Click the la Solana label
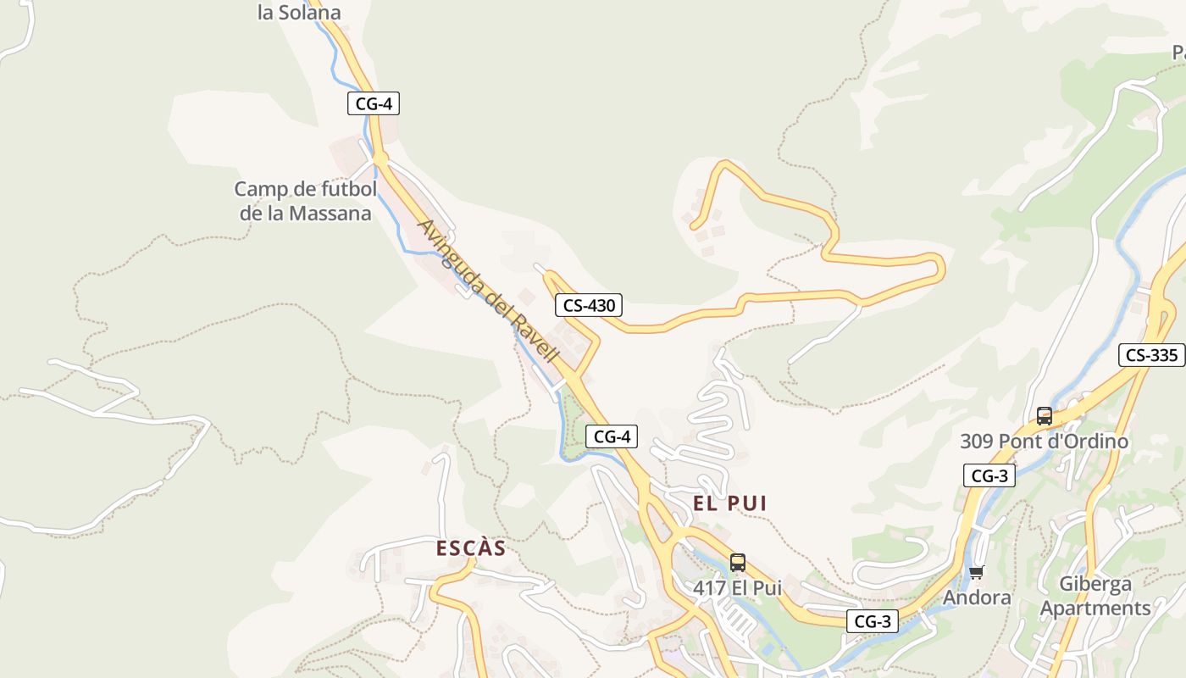point(299,13)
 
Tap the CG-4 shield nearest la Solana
point(373,103)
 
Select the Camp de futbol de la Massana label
point(305,201)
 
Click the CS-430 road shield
point(589,305)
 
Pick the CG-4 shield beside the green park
point(611,436)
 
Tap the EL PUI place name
point(729,503)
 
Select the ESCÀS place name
point(471,548)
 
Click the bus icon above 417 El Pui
point(738,562)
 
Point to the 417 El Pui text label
point(737,587)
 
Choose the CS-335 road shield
point(1151,355)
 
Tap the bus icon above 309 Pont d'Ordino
point(1045,416)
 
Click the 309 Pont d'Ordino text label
point(1044,442)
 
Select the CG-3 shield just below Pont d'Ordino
point(989,475)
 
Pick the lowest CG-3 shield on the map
point(872,621)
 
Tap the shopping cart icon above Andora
point(977,573)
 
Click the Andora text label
point(977,597)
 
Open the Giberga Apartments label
point(1095,596)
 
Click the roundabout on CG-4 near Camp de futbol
point(380,158)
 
